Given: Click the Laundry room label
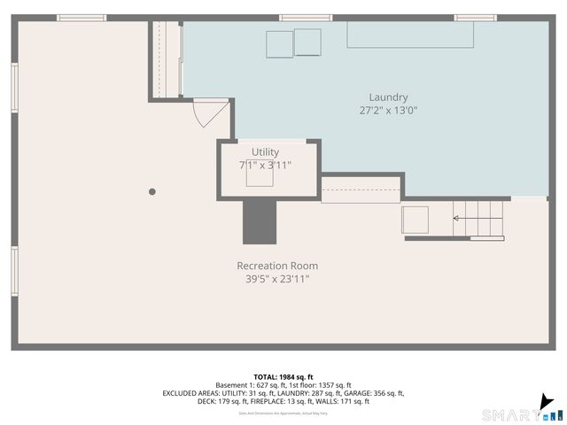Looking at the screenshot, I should click(x=388, y=97).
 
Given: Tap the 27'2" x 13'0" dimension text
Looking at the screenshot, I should click(x=388, y=112).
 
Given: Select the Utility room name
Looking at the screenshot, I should click(x=265, y=152).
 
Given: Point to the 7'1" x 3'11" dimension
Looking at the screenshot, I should click(x=265, y=166).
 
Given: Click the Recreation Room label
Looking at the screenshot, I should click(x=277, y=266).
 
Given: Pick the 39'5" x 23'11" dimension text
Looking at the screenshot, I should click(x=277, y=279).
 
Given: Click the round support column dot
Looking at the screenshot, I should click(x=152, y=191).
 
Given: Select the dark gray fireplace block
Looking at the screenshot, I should click(x=260, y=221).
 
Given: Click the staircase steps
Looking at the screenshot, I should click(x=478, y=218).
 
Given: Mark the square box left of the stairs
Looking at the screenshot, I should click(x=415, y=220).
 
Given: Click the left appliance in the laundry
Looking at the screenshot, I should click(x=279, y=43).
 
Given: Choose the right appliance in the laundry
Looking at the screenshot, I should click(x=307, y=42).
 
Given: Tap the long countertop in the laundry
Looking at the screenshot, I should click(x=409, y=35).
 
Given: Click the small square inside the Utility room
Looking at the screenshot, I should click(x=260, y=177).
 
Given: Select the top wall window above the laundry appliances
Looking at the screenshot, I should click(x=306, y=18).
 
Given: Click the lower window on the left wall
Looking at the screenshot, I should click(x=14, y=272).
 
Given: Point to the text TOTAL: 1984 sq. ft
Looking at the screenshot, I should click(x=283, y=375).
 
